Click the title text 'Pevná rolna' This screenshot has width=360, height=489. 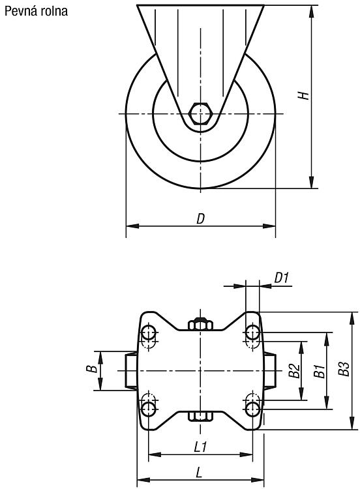pyautogui.click(x=36, y=11)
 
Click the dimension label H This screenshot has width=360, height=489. pyautogui.click(x=303, y=95)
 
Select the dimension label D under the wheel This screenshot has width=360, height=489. pyautogui.click(x=201, y=218)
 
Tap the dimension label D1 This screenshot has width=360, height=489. pyautogui.click(x=282, y=277)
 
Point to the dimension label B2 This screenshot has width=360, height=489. pyautogui.click(x=294, y=370)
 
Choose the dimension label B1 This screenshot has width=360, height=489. pyautogui.click(x=319, y=370)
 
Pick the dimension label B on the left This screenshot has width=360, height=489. pyautogui.click(x=91, y=369)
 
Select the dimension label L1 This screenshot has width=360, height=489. pyautogui.click(x=200, y=447)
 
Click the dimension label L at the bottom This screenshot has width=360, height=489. pyautogui.click(x=199, y=473)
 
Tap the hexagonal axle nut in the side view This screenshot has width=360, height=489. pyautogui.click(x=201, y=113)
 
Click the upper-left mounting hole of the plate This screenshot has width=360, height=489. pyautogui.click(x=149, y=333)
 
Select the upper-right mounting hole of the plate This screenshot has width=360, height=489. pyautogui.click(x=252, y=333)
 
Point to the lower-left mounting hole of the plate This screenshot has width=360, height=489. pyautogui.click(x=149, y=408)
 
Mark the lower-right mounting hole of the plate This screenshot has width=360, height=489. pyautogui.click(x=252, y=408)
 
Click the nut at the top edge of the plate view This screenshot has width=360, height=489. pyautogui.click(x=201, y=323)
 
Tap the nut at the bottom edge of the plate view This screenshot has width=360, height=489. pyautogui.click(x=201, y=417)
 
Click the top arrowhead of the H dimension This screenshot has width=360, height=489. pyautogui.click(x=311, y=11)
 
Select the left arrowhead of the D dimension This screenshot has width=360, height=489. pyautogui.click(x=132, y=226)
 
